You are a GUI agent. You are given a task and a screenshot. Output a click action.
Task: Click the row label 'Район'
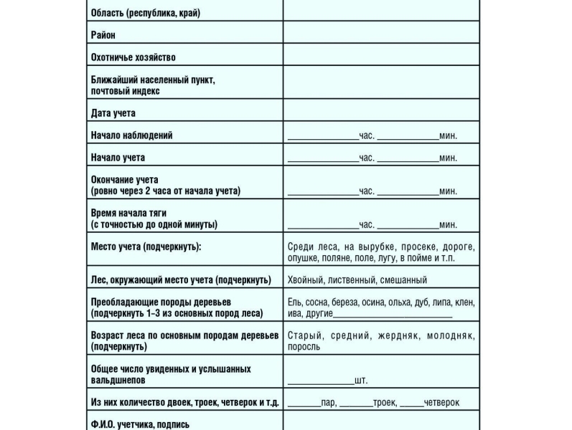pyautogui.click(x=103, y=35)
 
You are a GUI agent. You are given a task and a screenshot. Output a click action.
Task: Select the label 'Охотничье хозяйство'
pyautogui.click(x=133, y=57)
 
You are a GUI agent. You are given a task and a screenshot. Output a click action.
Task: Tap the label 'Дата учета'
pyautogui.click(x=113, y=113)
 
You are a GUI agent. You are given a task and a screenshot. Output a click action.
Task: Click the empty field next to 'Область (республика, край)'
pyautogui.click(x=380, y=13)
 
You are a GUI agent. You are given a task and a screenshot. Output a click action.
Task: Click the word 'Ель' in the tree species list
pyautogui.click(x=294, y=302)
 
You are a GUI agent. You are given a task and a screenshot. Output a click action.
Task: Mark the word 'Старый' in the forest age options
pyautogui.click(x=304, y=335)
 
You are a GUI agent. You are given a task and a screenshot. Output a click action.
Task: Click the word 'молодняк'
pyautogui.click(x=451, y=335)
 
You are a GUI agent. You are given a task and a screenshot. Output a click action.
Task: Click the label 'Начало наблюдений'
pyautogui.click(x=132, y=135)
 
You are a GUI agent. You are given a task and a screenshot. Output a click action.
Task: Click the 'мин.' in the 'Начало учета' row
pyautogui.click(x=449, y=158)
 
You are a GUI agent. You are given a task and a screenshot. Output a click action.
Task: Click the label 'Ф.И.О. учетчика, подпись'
pyautogui.click(x=141, y=424)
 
